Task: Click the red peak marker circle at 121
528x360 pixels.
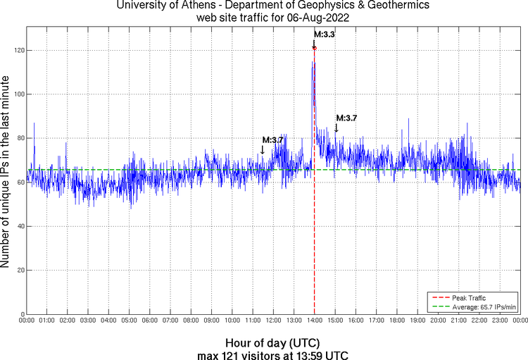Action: point(314,48)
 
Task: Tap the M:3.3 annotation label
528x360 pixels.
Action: point(324,34)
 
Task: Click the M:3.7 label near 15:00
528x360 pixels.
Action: point(346,118)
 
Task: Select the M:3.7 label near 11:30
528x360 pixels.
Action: point(272,139)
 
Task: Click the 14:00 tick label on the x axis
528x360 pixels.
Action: point(314,321)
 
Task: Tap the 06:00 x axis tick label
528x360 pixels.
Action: point(150,321)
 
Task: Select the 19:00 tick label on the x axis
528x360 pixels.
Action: point(417,321)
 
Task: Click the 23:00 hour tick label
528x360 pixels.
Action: point(499,321)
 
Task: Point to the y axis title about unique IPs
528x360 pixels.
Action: point(6,172)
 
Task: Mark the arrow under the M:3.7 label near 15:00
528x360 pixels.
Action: point(337,128)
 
